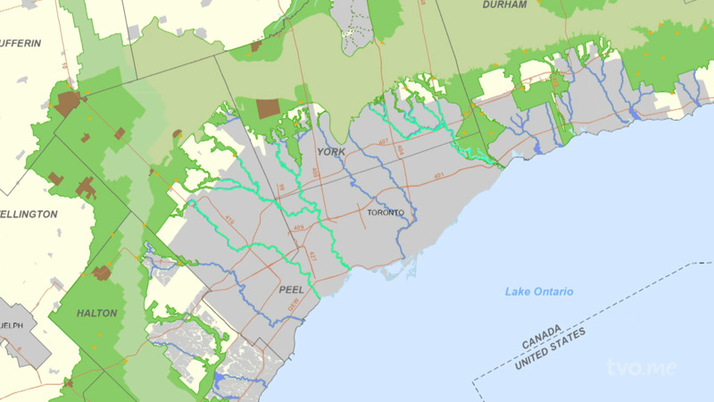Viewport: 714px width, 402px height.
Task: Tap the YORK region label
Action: [330, 152]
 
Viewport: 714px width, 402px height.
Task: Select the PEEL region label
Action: [291, 290]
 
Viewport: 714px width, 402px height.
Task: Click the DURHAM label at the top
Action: [505, 5]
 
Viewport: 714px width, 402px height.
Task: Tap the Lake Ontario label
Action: [539, 292]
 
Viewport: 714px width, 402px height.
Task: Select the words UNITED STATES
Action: [552, 348]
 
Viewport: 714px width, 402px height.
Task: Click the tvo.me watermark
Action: [641, 366]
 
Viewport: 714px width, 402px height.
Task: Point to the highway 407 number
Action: [383, 142]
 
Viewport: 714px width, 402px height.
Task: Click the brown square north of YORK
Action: [268, 109]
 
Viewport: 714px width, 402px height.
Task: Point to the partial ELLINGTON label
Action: [29, 214]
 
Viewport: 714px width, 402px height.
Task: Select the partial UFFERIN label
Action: [21, 43]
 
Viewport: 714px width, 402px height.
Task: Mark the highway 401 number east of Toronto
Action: [438, 176]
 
